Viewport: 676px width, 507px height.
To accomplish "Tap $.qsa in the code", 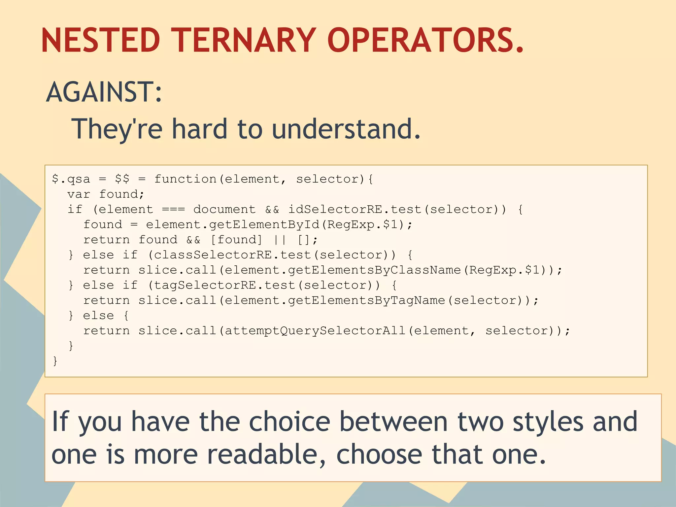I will click(x=71, y=179).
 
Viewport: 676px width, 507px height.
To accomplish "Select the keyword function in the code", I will click(x=185, y=179).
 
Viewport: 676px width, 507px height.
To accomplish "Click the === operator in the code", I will click(x=174, y=210).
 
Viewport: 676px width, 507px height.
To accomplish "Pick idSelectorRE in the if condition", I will click(x=335, y=210).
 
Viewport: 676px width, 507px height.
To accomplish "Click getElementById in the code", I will click(x=264, y=225).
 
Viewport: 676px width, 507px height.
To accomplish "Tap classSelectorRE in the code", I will click(x=213, y=255).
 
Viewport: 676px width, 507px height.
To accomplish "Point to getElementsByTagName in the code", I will click(x=366, y=301).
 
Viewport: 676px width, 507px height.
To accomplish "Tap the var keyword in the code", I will click(x=79, y=194).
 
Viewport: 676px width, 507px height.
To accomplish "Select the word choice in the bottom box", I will click(x=289, y=422).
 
